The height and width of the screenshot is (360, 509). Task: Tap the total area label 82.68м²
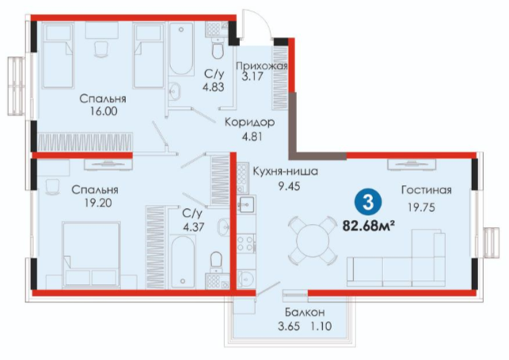point(369,225)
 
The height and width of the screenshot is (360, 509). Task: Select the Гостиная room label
point(426,190)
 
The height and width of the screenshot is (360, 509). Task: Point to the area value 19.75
point(421,207)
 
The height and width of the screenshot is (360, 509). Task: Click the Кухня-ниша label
point(285,171)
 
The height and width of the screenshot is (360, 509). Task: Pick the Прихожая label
point(262,66)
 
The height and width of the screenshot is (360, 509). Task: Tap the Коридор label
point(249,123)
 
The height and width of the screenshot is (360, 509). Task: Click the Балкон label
point(305,313)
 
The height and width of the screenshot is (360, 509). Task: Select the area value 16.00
point(104,112)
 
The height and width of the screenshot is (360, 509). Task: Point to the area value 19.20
point(98,203)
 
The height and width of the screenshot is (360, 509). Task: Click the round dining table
point(313,241)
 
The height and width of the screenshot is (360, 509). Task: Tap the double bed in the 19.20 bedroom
point(91,255)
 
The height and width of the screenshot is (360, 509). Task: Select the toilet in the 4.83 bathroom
point(217,47)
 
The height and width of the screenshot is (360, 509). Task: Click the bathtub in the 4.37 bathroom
point(183,262)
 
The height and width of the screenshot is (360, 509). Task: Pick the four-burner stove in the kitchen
point(245,244)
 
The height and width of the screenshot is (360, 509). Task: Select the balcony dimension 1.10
point(323,326)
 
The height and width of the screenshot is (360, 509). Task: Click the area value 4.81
point(252,137)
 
